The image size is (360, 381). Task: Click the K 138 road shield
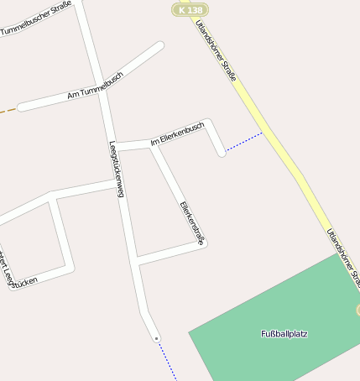point(190,9)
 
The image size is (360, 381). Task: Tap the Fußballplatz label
point(284,334)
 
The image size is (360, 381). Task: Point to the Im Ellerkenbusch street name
point(177,134)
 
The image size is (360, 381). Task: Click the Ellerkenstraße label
point(192,222)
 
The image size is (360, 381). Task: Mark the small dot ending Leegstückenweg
point(156,338)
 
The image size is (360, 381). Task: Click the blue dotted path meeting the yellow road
point(244,142)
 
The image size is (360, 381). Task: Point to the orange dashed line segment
point(8,109)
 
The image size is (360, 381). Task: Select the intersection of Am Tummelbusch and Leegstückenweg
point(101,90)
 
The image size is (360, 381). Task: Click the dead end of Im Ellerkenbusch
point(222,153)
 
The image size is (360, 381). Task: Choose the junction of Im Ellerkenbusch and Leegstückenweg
point(112,147)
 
